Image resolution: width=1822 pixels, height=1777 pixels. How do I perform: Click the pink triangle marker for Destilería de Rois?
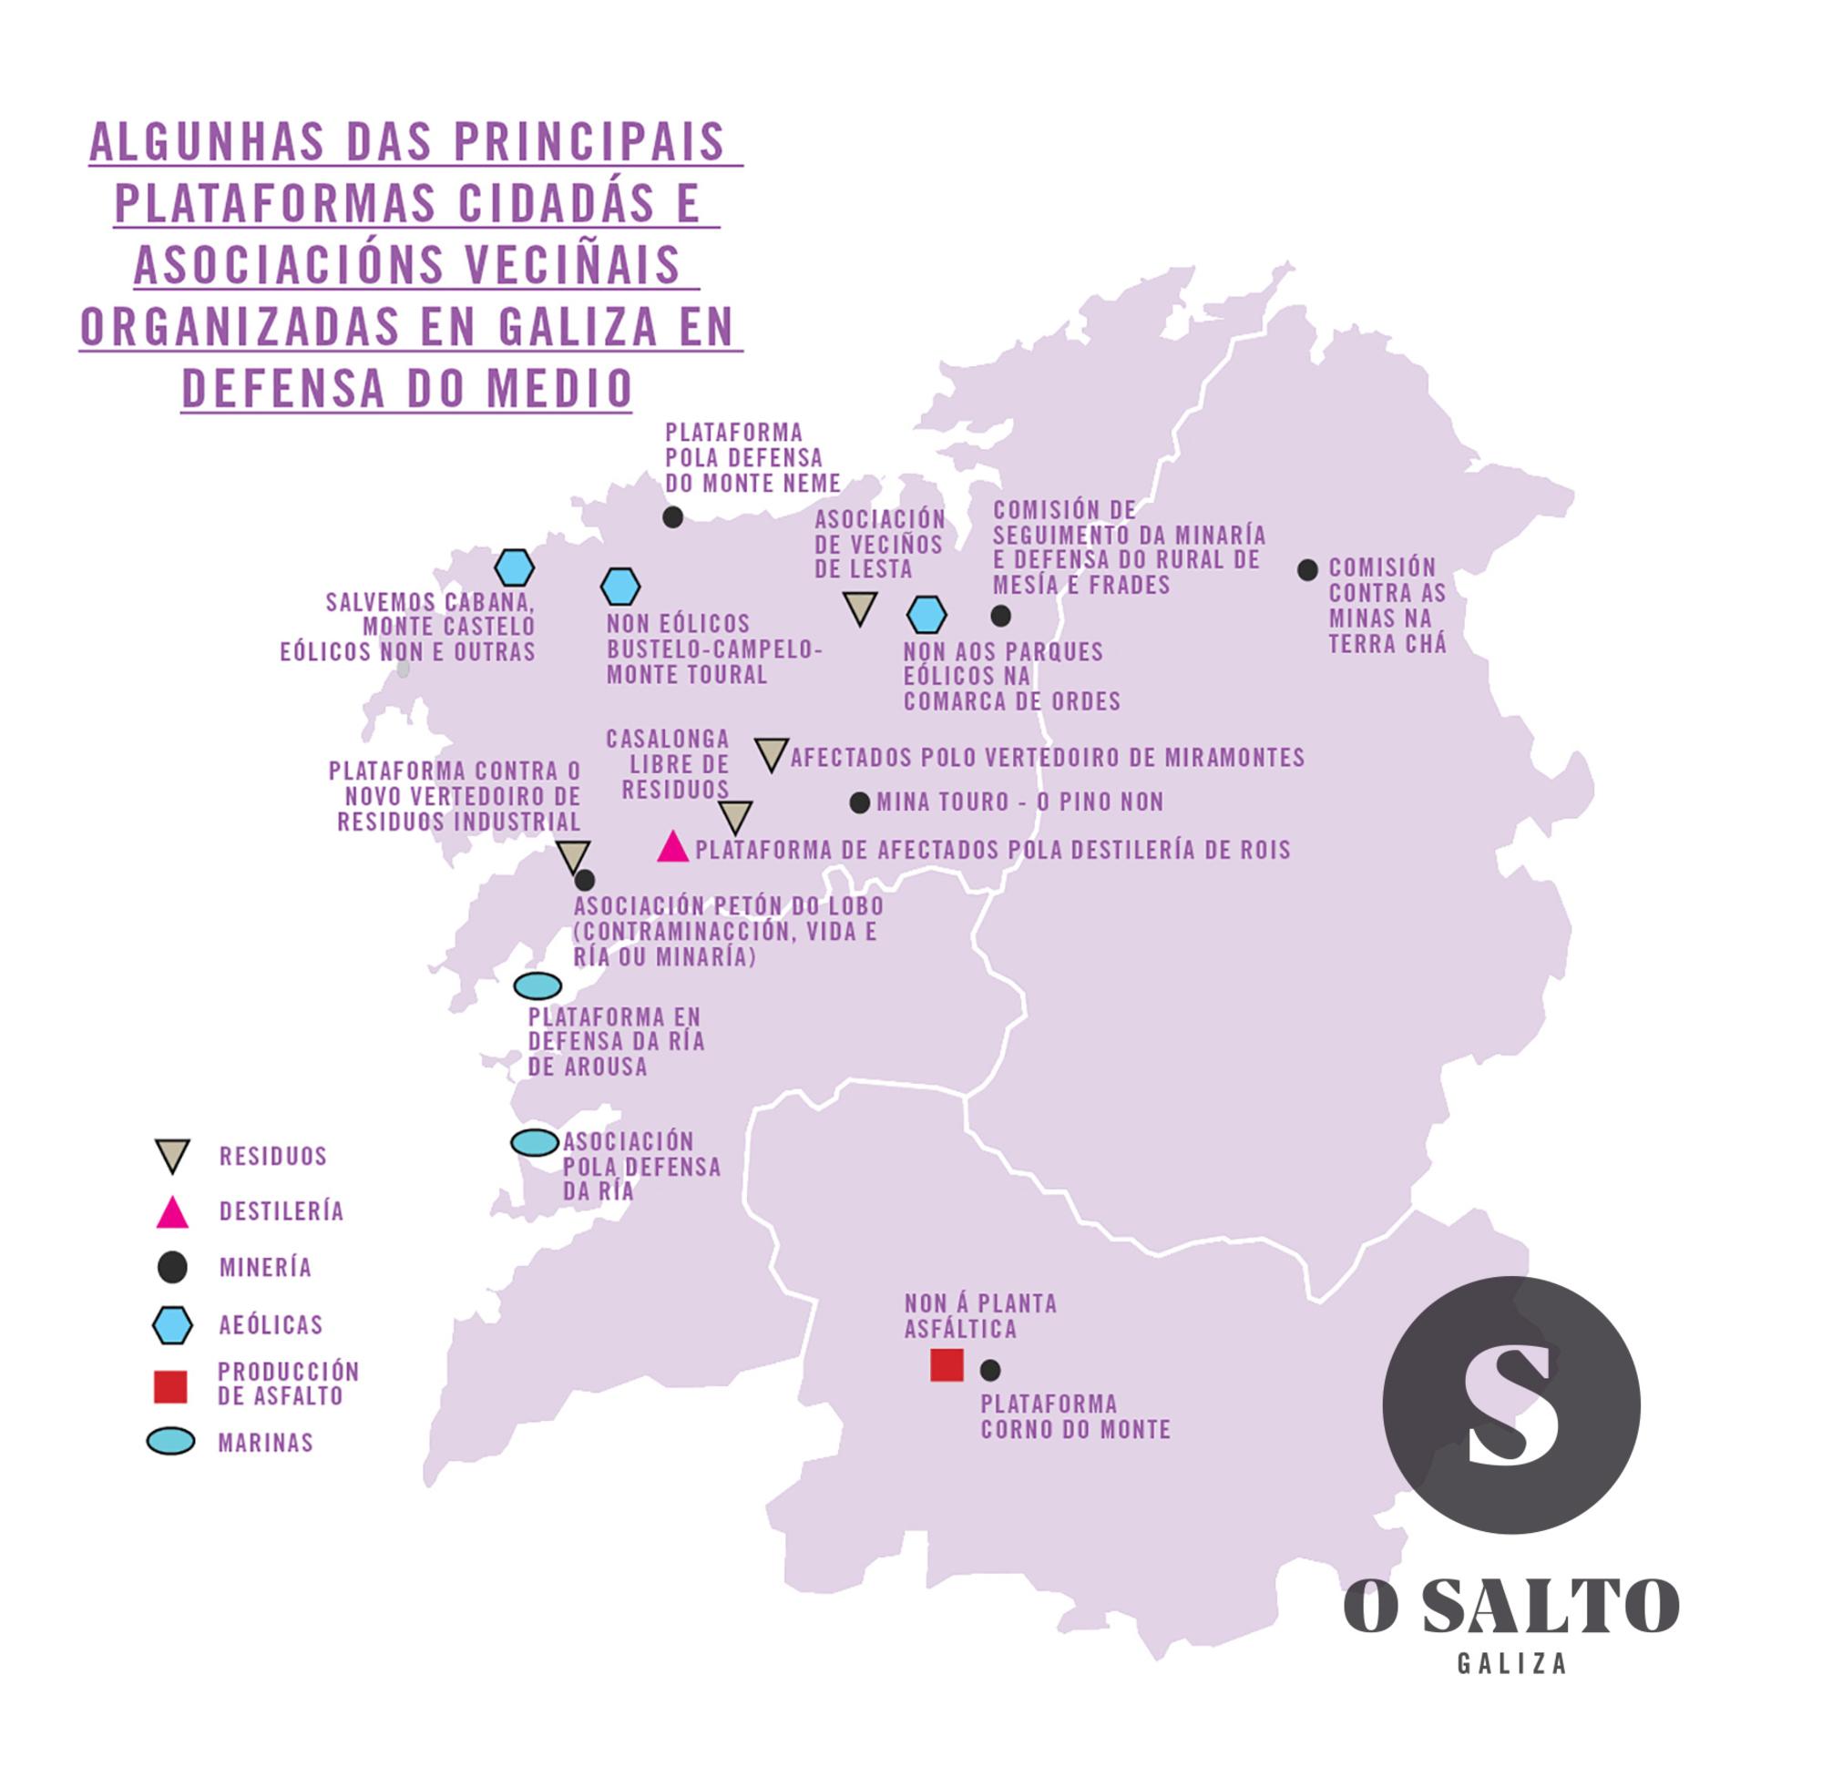(x=672, y=847)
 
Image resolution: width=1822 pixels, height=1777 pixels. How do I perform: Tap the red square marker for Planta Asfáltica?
(x=947, y=1364)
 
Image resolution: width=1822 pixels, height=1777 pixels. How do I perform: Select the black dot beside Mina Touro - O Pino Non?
(x=860, y=802)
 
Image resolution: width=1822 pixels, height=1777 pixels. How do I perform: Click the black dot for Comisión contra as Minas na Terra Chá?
(x=1307, y=569)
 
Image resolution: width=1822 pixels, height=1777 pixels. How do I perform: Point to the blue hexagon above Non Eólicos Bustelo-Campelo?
(x=619, y=587)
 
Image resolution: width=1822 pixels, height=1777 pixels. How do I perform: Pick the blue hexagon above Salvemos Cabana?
(x=515, y=567)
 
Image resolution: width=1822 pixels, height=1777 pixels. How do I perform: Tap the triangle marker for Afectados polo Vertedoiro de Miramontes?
(x=771, y=753)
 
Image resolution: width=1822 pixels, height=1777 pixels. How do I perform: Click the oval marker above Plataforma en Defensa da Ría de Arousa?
(x=538, y=986)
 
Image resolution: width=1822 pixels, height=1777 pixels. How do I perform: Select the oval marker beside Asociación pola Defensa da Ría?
(x=535, y=1142)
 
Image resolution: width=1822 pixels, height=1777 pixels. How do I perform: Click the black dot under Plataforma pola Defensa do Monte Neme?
(x=672, y=516)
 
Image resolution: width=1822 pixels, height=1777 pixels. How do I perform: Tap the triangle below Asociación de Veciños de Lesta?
(x=860, y=607)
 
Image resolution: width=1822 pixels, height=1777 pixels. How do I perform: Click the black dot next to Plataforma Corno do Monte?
(x=990, y=1370)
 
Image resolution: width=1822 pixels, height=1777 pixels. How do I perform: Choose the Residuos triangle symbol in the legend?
(x=173, y=1155)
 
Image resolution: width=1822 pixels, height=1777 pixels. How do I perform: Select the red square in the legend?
(x=171, y=1387)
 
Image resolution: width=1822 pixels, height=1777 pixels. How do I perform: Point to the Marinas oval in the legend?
(x=171, y=1442)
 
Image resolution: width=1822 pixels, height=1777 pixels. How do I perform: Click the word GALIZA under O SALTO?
(x=1512, y=1664)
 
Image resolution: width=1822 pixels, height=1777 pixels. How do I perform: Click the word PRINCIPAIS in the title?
(x=589, y=141)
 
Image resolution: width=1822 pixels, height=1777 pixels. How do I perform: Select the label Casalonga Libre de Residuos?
(x=669, y=764)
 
